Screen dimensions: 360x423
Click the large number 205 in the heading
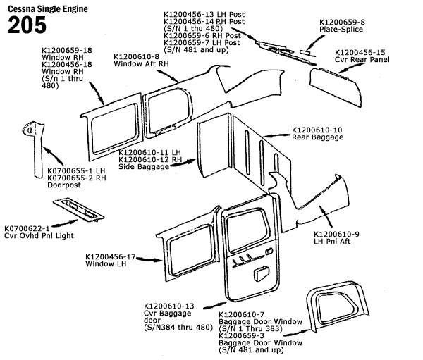coord(27,25)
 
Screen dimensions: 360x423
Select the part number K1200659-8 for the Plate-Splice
coord(345,23)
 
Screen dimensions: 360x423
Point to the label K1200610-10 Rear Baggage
coord(317,134)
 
